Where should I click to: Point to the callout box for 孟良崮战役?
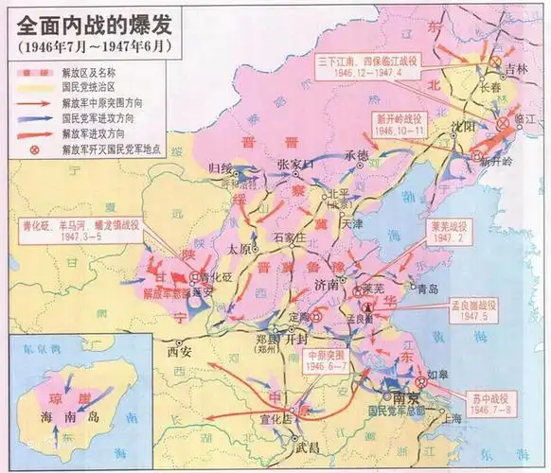(484, 309)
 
